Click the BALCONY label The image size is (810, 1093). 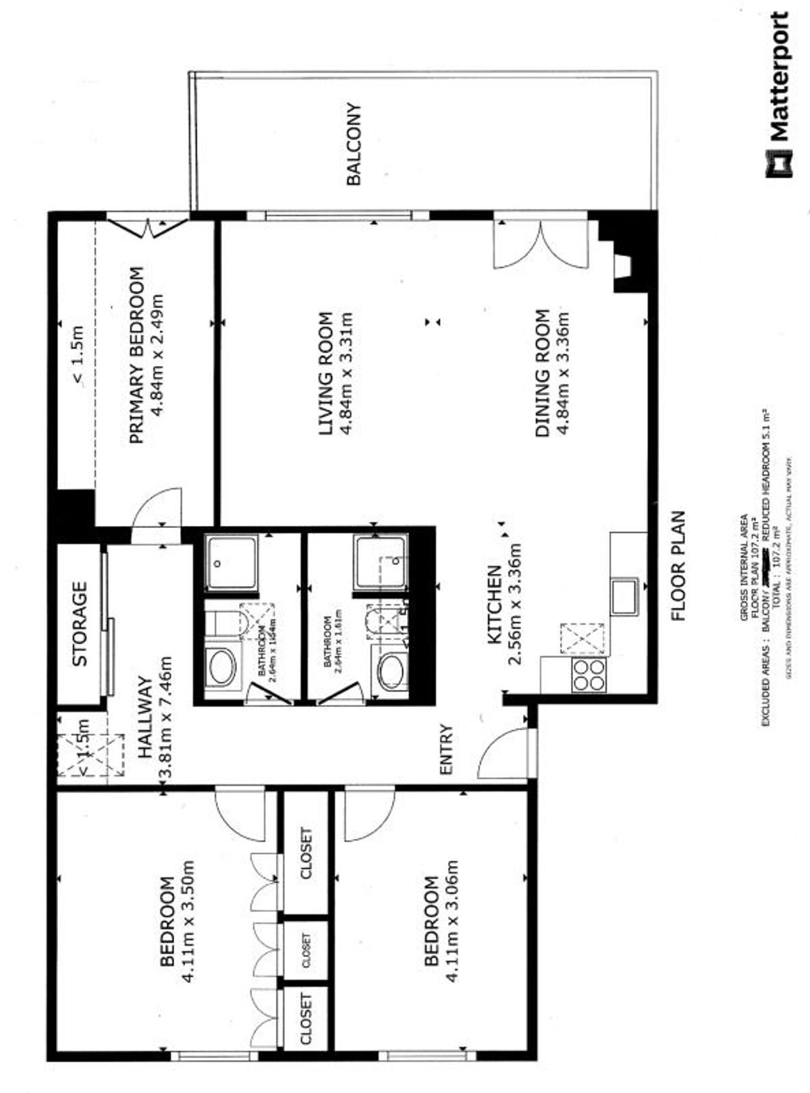coord(354,144)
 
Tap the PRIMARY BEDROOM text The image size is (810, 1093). coord(136,355)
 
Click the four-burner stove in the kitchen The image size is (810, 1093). coord(589,674)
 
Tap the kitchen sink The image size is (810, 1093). coord(624,595)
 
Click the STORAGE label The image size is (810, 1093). coord(80,623)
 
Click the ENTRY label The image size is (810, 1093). coord(446,749)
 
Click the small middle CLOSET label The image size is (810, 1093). coord(306,951)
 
